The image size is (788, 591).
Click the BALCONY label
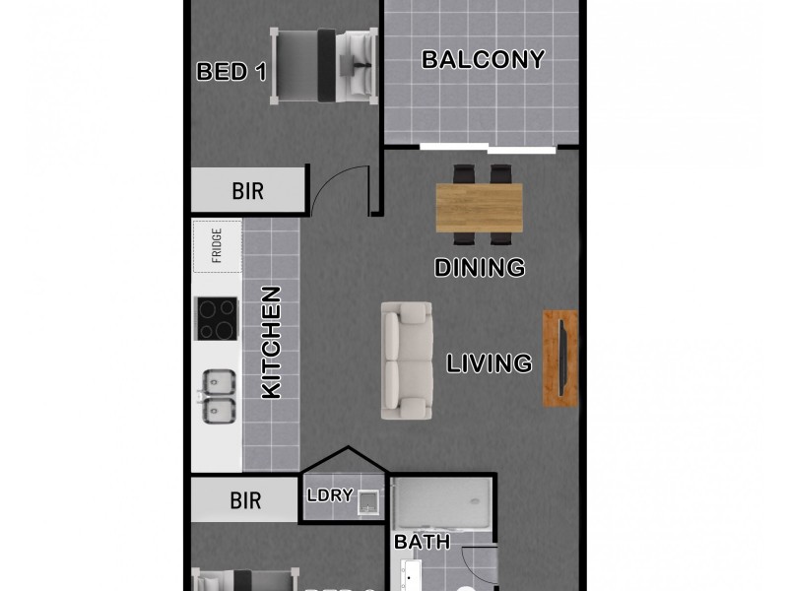point(483,59)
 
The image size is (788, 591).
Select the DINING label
point(480,267)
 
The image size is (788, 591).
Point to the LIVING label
point(490,363)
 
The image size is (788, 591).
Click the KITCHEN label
point(271,342)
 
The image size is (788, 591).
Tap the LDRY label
point(330,495)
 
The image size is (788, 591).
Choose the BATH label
point(422,542)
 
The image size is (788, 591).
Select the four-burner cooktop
point(217,319)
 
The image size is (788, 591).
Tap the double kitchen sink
point(218,397)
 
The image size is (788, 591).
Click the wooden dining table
point(480,207)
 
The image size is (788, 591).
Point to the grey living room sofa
point(407,360)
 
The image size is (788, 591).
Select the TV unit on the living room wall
point(560,359)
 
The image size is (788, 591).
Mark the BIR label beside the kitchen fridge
point(248,191)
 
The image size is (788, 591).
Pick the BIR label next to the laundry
point(246,500)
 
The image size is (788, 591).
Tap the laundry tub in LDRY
point(368,501)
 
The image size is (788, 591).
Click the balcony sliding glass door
point(488,149)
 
